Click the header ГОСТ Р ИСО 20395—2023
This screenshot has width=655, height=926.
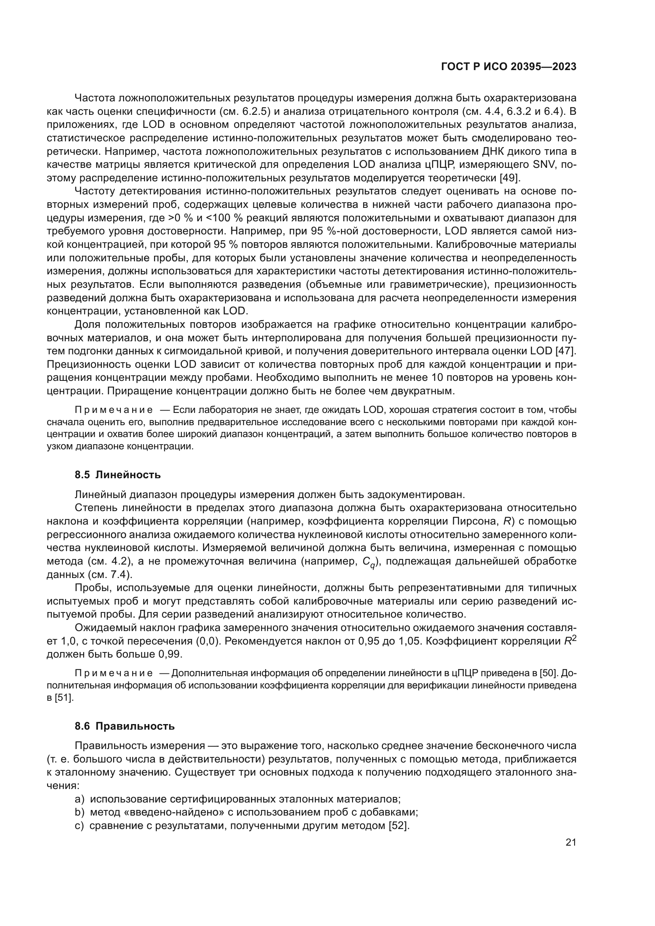click(x=508, y=67)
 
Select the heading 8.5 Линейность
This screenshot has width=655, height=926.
click(x=117, y=475)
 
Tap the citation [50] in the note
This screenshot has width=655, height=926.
click(x=548, y=673)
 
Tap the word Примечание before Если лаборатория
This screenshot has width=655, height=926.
click(x=114, y=410)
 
